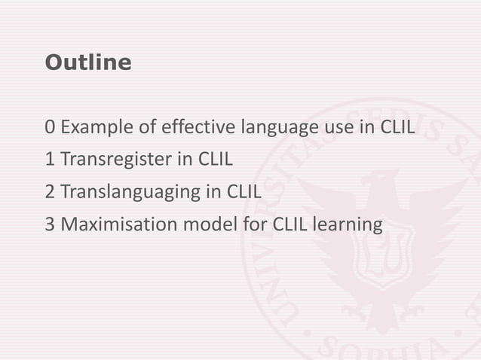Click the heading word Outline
pyautogui.click(x=87, y=63)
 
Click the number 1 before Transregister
pyautogui.click(x=49, y=160)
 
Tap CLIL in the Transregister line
pyautogui.click(x=215, y=160)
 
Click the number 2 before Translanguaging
pyautogui.click(x=49, y=192)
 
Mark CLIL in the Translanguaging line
pyautogui.click(x=244, y=192)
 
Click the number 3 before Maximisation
pyautogui.click(x=49, y=224)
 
